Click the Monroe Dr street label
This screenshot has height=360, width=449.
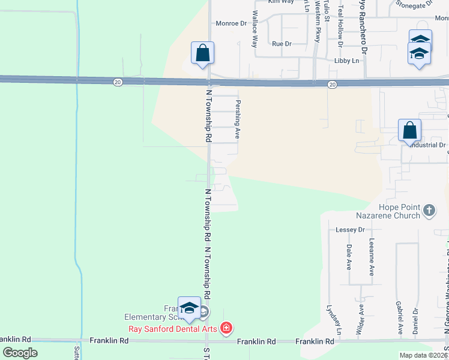tap(231, 23)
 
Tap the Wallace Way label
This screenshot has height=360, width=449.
tap(255, 29)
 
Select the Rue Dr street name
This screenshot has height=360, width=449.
tap(281, 44)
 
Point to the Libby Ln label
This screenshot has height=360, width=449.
tap(346, 61)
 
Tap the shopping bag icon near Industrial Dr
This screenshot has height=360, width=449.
tap(409, 130)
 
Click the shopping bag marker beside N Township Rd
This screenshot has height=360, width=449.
tap(203, 53)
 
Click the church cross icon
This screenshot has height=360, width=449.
tap(429, 211)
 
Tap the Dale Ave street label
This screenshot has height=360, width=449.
tap(349, 257)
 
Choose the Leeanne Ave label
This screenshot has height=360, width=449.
tap(372, 257)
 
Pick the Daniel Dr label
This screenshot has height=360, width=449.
tap(415, 321)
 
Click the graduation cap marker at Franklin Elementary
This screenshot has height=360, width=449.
tap(189, 308)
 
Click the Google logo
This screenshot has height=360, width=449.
tap(20, 353)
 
